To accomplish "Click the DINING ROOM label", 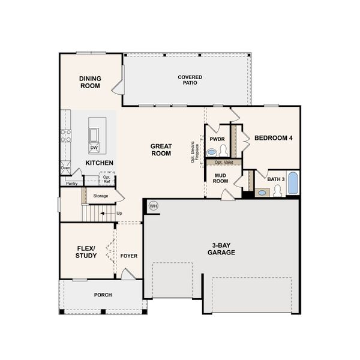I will click(x=90, y=82).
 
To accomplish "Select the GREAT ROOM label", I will click(x=161, y=149).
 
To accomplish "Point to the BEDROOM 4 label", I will click(x=274, y=138).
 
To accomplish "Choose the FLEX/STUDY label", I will click(x=86, y=251).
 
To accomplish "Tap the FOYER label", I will click(x=128, y=256).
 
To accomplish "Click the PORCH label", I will click(x=103, y=295).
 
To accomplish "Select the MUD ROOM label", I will click(x=220, y=178).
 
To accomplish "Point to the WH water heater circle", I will click(x=153, y=206).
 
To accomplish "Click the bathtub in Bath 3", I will click(x=292, y=184).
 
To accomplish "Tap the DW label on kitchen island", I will click(x=94, y=148).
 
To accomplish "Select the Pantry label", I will click(x=72, y=184).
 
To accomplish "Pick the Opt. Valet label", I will click(x=223, y=163).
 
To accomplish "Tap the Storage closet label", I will click(x=100, y=196).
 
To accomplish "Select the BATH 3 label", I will click(x=275, y=179).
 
